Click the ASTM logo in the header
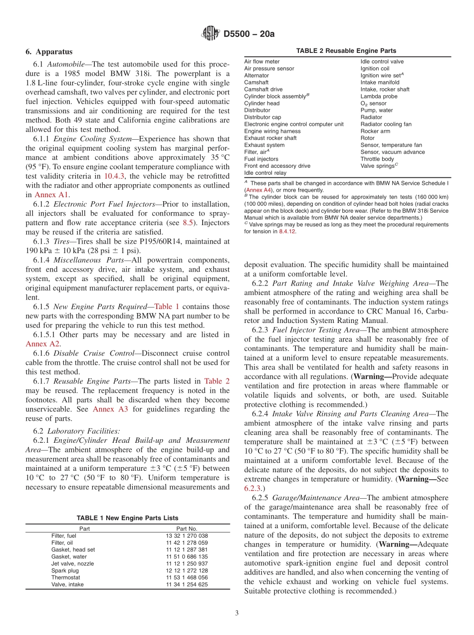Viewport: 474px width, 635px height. [210, 34]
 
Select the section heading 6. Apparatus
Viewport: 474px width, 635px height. [49, 52]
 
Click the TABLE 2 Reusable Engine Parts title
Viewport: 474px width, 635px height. [346, 51]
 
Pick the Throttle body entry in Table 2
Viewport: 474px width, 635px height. [377, 159]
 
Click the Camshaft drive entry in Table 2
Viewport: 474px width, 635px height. [263, 89]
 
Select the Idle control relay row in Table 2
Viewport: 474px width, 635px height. [265, 173]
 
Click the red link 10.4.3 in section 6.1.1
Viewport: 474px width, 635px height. [114, 176]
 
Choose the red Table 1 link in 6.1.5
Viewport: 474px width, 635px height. [167, 307]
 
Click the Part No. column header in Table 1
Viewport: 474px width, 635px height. [187, 528]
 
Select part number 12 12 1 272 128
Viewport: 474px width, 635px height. [187, 571]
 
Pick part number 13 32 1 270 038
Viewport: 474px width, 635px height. [187, 536]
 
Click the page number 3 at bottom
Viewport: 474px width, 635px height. [237, 614]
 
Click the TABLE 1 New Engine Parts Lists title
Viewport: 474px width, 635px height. [127, 518]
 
